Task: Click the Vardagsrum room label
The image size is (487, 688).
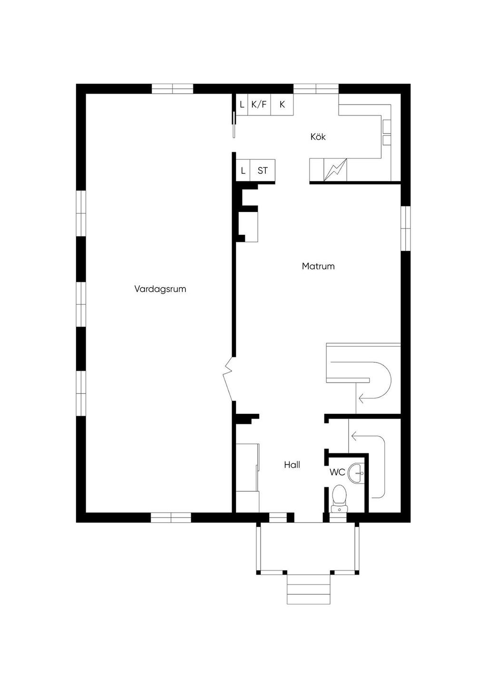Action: pyautogui.click(x=160, y=289)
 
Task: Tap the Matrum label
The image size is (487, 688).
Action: pyautogui.click(x=318, y=267)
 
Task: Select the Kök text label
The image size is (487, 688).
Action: pyautogui.click(x=318, y=137)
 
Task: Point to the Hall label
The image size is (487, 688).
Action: pyautogui.click(x=292, y=465)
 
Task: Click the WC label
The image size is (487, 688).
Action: pyautogui.click(x=337, y=473)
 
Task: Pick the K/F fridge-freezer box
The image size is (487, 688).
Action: pyautogui.click(x=259, y=105)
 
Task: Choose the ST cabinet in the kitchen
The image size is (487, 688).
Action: pyautogui.click(x=263, y=171)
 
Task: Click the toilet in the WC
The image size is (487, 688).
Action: pyautogui.click(x=339, y=496)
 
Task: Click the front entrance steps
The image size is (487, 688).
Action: pyautogui.click(x=309, y=589)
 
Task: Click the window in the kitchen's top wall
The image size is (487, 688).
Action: pyautogui.click(x=316, y=89)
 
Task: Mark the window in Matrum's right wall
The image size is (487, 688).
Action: pyautogui.click(x=406, y=228)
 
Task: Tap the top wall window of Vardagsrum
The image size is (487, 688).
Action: pyautogui.click(x=172, y=89)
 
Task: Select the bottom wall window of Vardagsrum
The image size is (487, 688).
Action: pyautogui.click(x=171, y=517)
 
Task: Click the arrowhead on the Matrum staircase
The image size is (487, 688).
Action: pyautogui.click(x=360, y=398)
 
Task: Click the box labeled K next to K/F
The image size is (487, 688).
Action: pyautogui.click(x=282, y=105)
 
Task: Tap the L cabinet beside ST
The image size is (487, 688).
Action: pyautogui.click(x=243, y=171)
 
